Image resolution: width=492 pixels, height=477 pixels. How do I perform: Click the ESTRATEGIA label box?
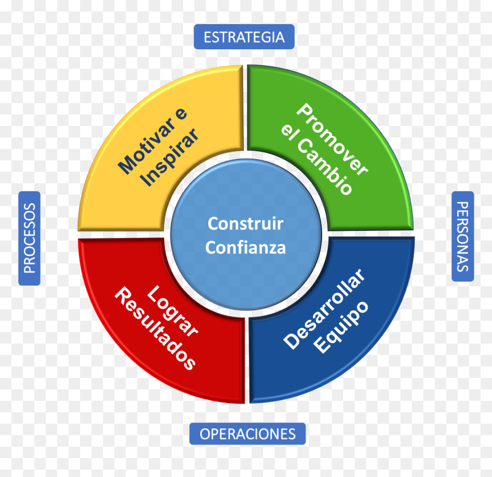pos(244,37)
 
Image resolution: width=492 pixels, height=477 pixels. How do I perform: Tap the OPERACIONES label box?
pos(248,433)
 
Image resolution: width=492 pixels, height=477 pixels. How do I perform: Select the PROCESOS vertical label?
pos(30,238)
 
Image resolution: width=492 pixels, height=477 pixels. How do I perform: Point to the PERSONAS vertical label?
pos(462,236)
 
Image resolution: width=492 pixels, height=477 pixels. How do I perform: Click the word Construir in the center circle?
pos(245,223)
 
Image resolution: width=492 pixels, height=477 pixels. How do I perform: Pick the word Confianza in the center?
pos(245,247)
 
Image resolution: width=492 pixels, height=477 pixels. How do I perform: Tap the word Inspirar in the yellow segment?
pos(169,157)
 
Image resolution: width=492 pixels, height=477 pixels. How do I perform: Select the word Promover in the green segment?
pos(332,139)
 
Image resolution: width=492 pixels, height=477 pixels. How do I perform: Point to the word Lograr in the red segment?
pos(172,311)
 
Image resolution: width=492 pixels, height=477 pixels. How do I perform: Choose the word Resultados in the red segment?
pos(155,329)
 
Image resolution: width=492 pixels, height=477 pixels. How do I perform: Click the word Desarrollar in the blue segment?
pos(324,309)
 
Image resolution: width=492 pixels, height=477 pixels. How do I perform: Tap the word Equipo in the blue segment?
pos(341,327)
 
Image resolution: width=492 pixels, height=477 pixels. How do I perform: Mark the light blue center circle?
pos(246,235)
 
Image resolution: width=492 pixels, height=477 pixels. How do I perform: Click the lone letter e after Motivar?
pos(181,113)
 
